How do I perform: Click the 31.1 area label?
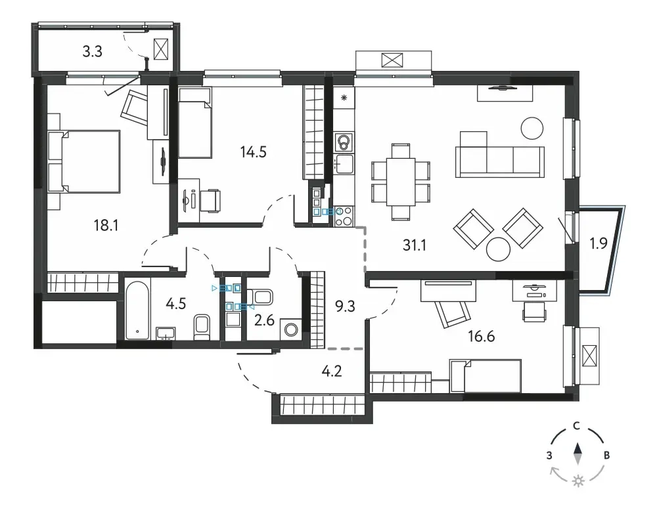pyautogui.click(x=415, y=245)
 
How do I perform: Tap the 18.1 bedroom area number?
pyautogui.click(x=106, y=226)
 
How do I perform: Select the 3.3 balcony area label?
pyautogui.click(x=92, y=51)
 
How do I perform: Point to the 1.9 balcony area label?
pyautogui.click(x=599, y=243)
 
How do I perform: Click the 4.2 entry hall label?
pyautogui.click(x=332, y=371)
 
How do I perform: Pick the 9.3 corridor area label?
pyautogui.click(x=346, y=306)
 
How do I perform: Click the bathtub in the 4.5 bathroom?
pyautogui.click(x=137, y=310)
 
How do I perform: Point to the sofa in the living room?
pyautogui.click(x=500, y=161)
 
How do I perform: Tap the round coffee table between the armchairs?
pyautogui.click(x=498, y=249)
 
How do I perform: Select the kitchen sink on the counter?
pyautogui.click(x=344, y=163)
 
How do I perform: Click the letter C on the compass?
pyautogui.click(x=577, y=427)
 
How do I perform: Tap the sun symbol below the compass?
pyautogui.click(x=579, y=481)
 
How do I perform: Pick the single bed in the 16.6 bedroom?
pyautogui.click(x=486, y=375)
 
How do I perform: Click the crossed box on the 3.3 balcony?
pyautogui.click(x=162, y=49)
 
